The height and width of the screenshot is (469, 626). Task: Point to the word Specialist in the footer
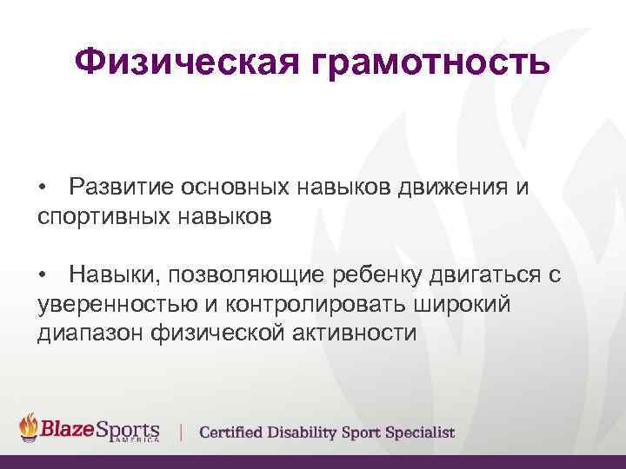420,432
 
